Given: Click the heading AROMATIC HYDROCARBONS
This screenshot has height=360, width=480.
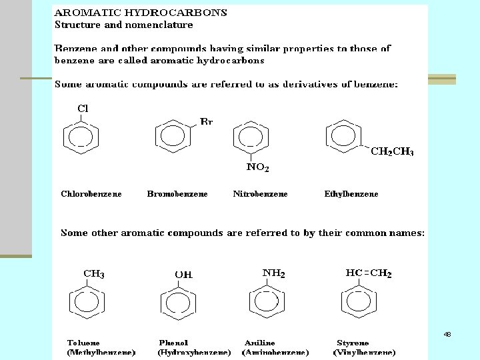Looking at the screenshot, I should (x=140, y=13).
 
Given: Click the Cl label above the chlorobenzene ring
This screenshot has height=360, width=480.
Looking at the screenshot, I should (x=83, y=108).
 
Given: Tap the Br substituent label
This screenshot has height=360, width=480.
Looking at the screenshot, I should (x=206, y=122).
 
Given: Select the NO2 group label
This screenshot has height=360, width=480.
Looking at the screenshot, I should (x=257, y=168).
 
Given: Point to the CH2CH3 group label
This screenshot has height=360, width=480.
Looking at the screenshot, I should (x=392, y=152).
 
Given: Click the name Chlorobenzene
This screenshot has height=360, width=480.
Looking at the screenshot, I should (x=91, y=194).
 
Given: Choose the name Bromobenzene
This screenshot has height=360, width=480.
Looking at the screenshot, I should (x=177, y=194).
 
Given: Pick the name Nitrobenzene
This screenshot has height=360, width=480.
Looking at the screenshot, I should (x=261, y=194).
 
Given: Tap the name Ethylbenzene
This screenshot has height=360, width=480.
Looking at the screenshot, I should (x=351, y=194).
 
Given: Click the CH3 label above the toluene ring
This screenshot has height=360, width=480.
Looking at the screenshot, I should (x=93, y=273).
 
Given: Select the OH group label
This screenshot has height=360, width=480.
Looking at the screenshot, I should (x=183, y=274).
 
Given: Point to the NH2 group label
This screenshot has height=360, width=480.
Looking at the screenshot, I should (x=273, y=273).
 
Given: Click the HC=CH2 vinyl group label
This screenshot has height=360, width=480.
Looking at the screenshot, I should (x=369, y=273).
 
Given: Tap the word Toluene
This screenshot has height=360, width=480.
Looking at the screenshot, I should (x=83, y=343).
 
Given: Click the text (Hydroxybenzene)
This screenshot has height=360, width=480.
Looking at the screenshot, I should (x=194, y=352).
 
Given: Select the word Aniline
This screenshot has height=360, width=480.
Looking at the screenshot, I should (x=259, y=343).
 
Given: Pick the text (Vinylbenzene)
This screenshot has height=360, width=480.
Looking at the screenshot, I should (x=364, y=352).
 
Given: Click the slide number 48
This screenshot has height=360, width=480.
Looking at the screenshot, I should (x=447, y=334).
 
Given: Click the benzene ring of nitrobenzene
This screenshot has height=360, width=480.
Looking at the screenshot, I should (x=251, y=139).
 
